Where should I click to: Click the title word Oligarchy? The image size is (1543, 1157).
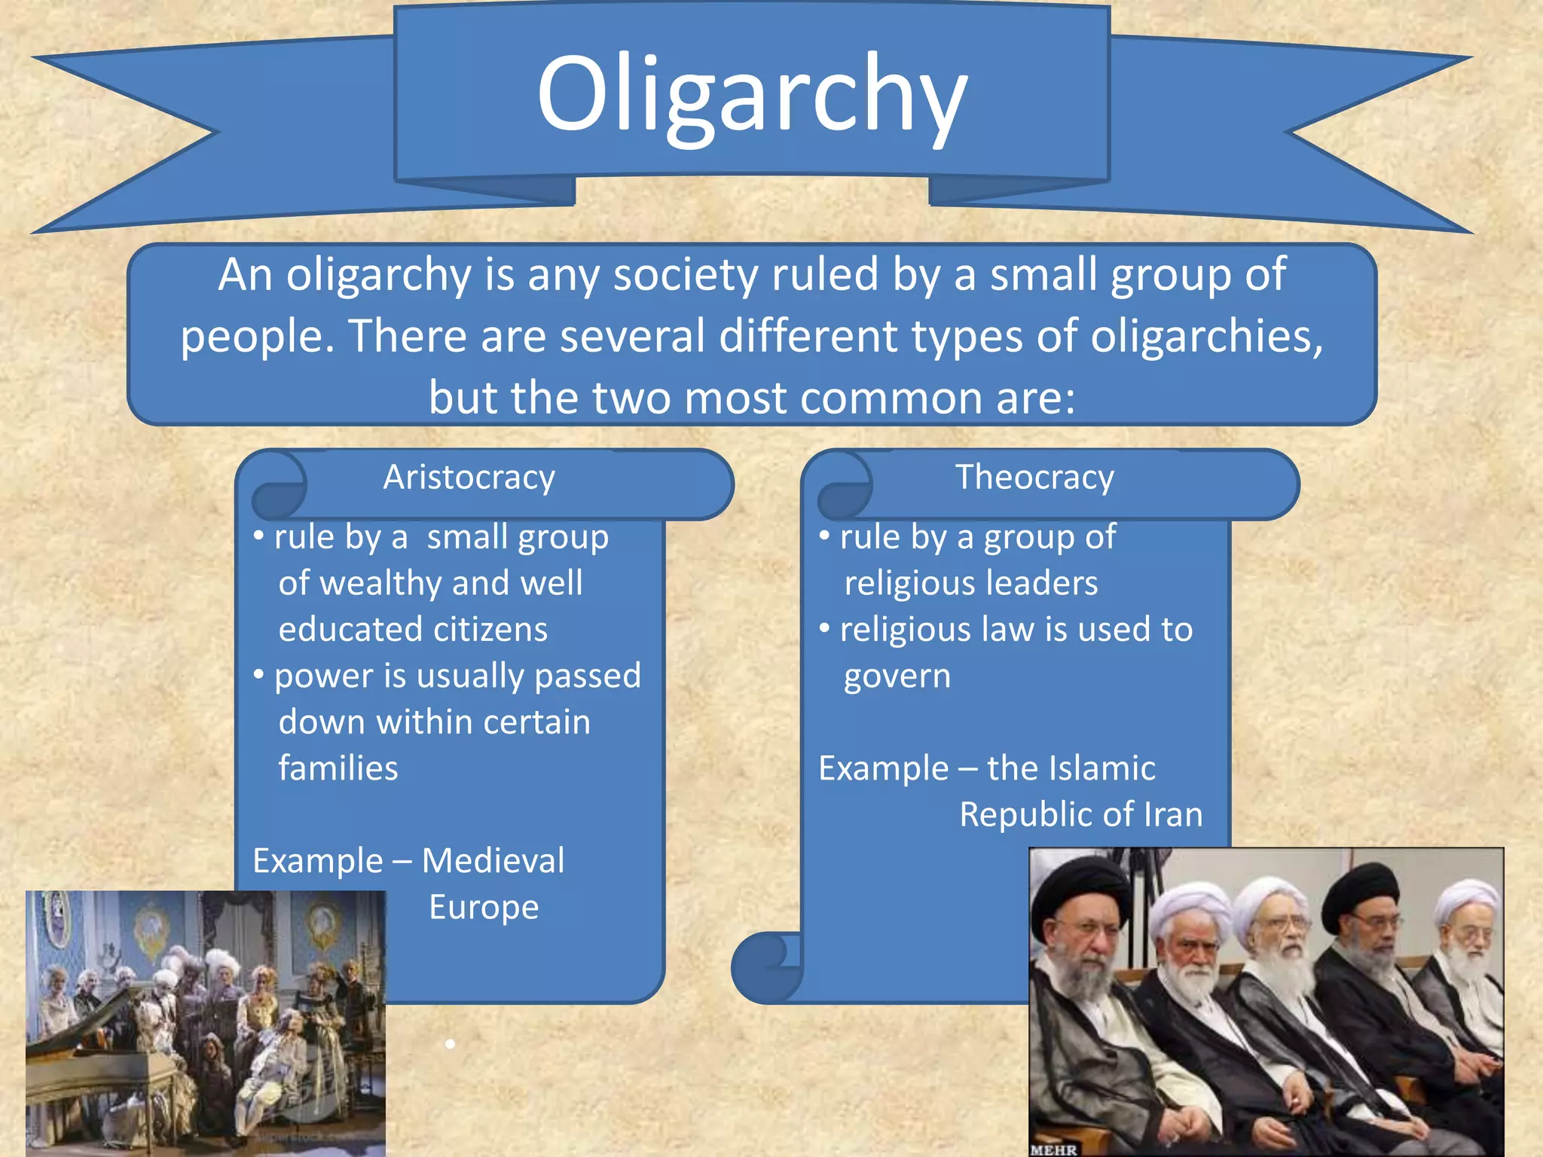(x=752, y=94)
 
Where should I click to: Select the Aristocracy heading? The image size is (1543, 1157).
(x=469, y=478)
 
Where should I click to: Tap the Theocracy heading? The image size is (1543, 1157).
(x=1034, y=478)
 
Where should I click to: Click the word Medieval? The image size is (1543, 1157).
(x=493, y=861)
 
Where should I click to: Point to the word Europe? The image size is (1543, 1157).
(x=484, y=908)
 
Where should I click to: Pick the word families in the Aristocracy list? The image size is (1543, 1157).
(x=338, y=769)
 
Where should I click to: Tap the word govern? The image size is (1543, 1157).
(x=897, y=676)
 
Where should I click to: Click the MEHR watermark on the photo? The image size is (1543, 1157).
(x=1053, y=1149)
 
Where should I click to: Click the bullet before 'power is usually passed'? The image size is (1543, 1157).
(x=258, y=673)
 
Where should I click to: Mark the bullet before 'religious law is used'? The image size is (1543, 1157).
(x=824, y=627)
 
